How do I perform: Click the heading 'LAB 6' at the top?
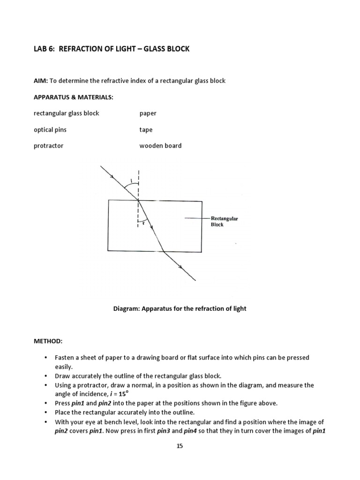[x=44, y=49]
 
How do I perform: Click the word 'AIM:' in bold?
[x=41, y=81]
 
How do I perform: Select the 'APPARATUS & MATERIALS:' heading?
[x=73, y=97]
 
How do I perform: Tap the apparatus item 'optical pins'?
[x=50, y=130]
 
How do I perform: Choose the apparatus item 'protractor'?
[x=48, y=146]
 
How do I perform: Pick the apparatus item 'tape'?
[x=146, y=130]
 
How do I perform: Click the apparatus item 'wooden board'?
[x=160, y=146]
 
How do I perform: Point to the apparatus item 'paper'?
[x=148, y=113]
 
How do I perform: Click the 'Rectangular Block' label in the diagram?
[x=224, y=221]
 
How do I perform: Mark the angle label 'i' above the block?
[x=132, y=180]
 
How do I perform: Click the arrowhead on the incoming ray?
[x=112, y=177]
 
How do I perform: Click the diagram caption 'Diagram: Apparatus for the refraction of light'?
[x=180, y=308]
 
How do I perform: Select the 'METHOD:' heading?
[x=47, y=341]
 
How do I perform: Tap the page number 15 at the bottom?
[x=180, y=446]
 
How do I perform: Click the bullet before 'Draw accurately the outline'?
[x=46, y=376]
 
